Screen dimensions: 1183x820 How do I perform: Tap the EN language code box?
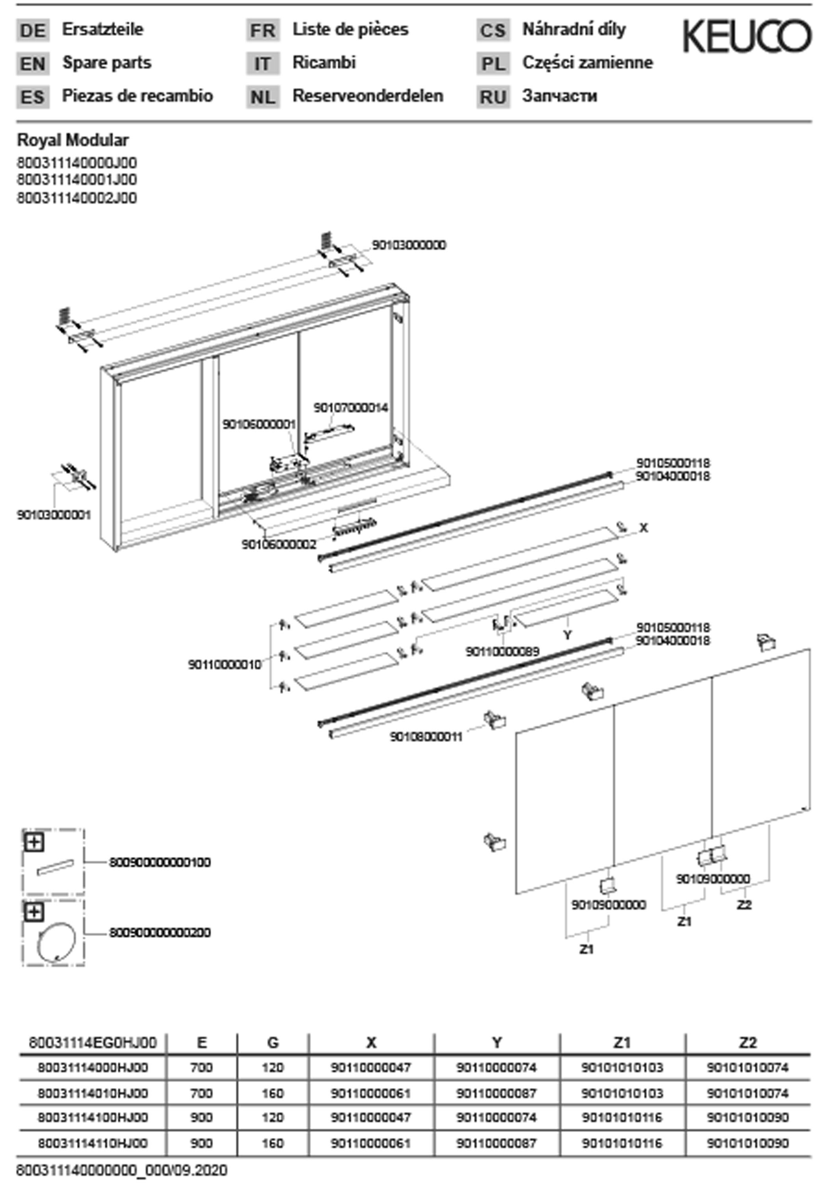(33, 64)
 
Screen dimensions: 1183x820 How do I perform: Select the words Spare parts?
(107, 63)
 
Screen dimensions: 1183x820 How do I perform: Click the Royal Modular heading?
(73, 140)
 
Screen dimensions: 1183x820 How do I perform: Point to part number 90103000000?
(409, 245)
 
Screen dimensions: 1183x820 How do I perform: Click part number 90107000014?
(351, 408)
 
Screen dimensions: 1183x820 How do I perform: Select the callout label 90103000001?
(54, 515)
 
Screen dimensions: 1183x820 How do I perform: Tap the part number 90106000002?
(279, 544)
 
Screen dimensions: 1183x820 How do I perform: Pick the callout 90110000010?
(225, 665)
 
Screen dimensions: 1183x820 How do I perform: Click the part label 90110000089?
(502, 651)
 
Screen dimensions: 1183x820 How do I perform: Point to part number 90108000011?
(426, 737)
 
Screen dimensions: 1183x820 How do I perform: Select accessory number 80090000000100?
(160, 862)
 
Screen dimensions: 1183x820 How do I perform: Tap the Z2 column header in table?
(747, 1043)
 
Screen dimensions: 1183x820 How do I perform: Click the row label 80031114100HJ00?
(93, 1117)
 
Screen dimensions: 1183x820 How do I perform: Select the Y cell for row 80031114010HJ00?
(496, 1093)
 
